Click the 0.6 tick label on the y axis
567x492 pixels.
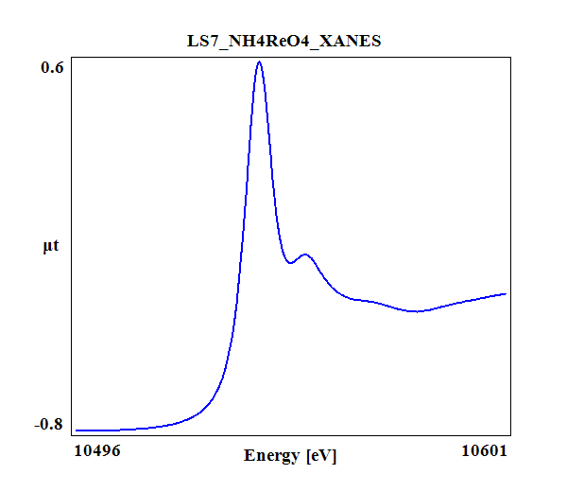tap(51, 67)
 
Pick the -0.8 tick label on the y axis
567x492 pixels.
tap(49, 424)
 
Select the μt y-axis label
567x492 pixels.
tap(51, 247)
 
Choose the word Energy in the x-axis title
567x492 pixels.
tap(272, 456)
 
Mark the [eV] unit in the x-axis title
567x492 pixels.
tap(320, 456)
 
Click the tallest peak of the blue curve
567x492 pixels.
tap(259, 62)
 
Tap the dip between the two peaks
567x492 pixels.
tap(291, 263)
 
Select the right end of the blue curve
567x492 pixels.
tap(507, 293)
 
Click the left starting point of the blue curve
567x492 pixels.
tap(76, 430)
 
